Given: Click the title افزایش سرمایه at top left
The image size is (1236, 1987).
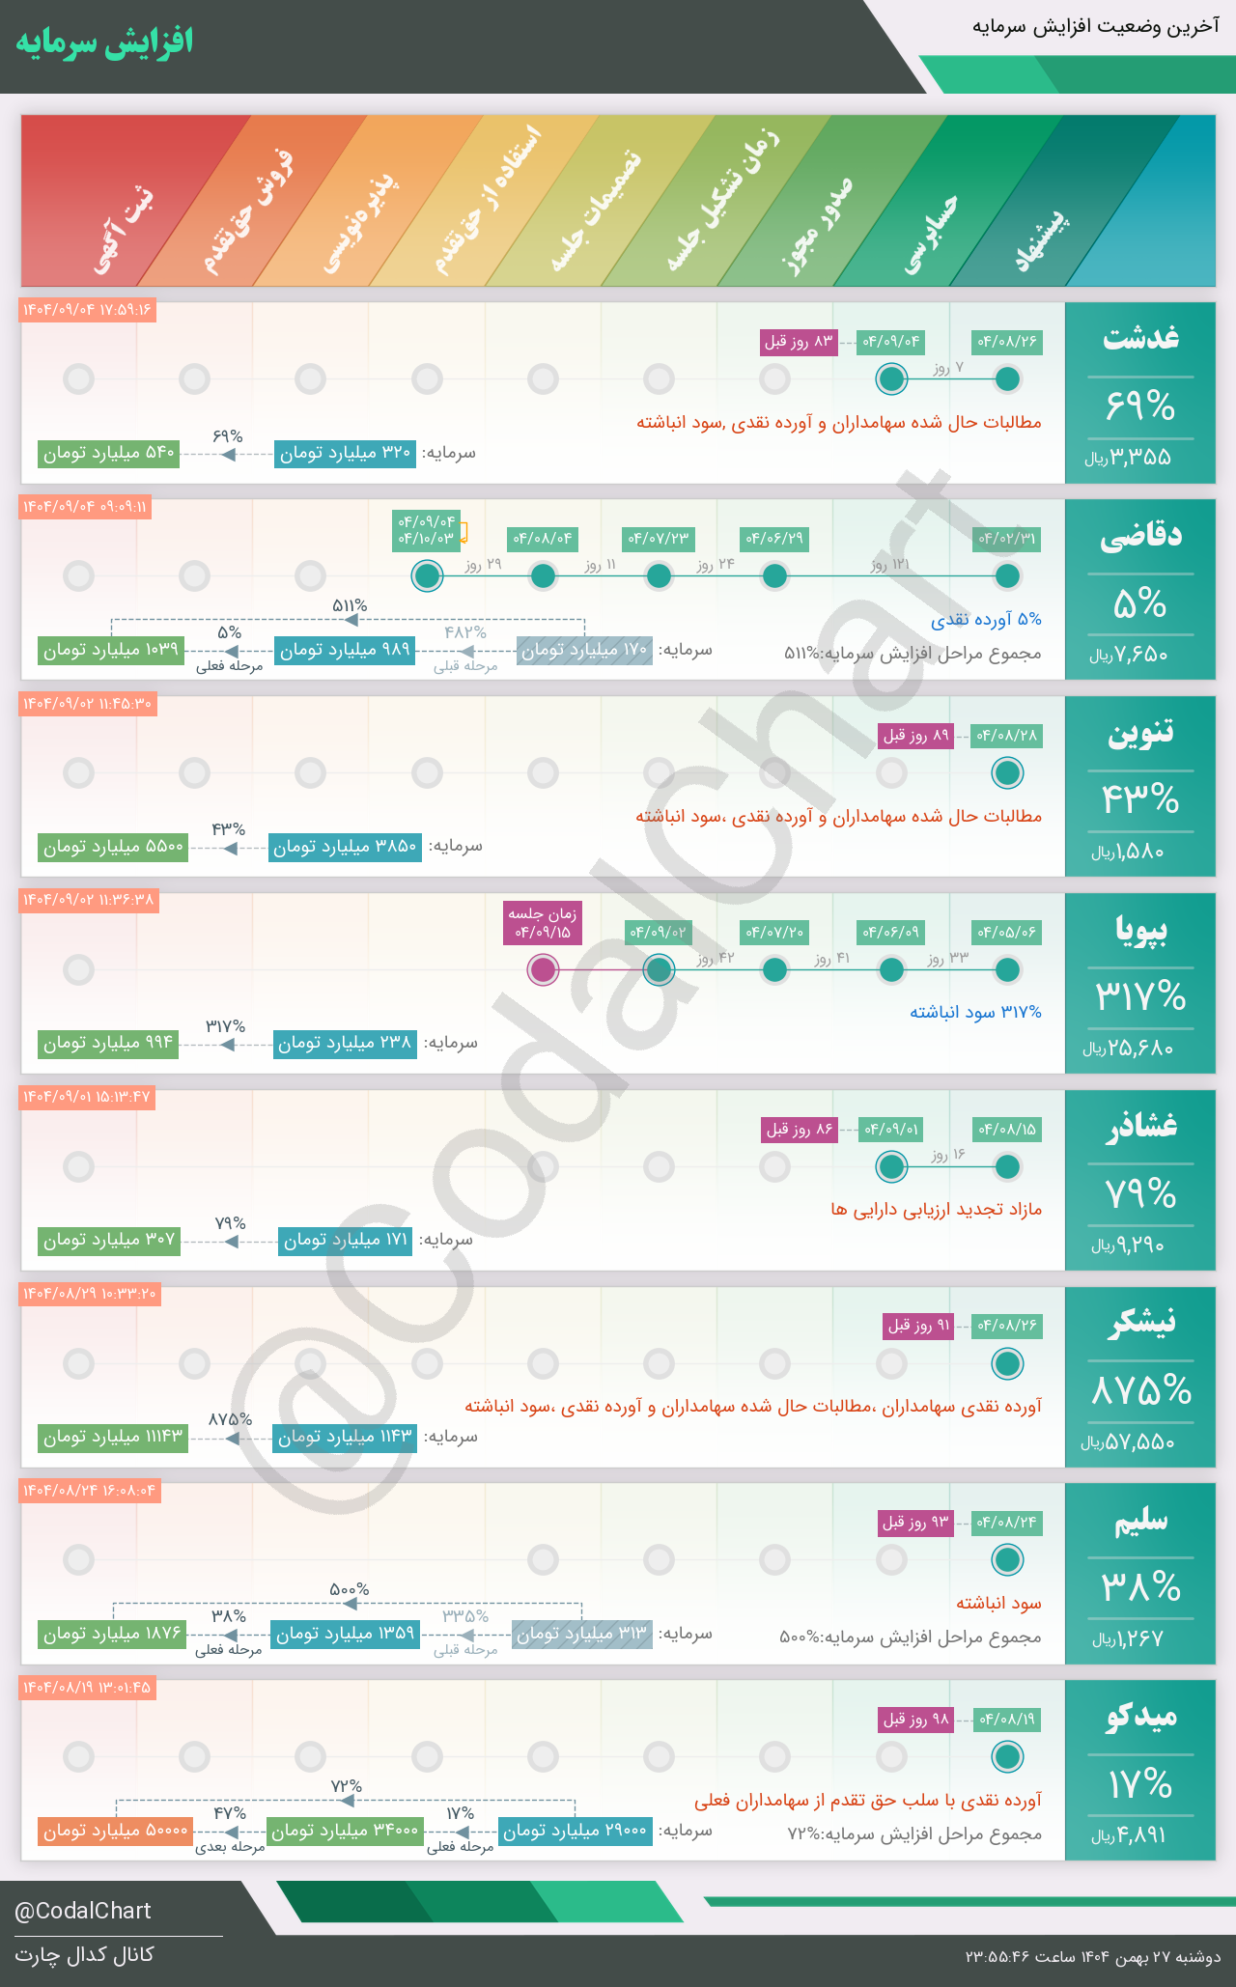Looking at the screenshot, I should (104, 42).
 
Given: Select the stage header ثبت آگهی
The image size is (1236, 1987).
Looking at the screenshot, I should (124, 228).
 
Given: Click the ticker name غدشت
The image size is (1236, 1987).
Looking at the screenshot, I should (1140, 338).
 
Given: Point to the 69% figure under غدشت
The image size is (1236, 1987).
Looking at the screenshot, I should (1140, 406).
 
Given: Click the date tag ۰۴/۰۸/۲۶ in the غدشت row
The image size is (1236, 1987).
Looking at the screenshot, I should (1007, 342).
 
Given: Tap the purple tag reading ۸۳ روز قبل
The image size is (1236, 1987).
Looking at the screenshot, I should (799, 342).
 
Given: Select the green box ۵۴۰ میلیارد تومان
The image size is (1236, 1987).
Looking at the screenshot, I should (109, 453).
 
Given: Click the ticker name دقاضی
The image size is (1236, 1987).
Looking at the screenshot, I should (1140, 536).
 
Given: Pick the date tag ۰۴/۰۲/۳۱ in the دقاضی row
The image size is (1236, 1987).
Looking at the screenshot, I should (1007, 539).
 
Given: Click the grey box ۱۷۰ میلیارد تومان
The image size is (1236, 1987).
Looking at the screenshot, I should (584, 651).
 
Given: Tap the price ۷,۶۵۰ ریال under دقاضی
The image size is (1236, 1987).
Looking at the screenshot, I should (1129, 656).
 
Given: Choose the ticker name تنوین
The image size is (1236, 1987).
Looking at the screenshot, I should (1140, 733).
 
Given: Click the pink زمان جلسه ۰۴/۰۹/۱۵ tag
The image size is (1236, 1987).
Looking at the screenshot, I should (543, 923).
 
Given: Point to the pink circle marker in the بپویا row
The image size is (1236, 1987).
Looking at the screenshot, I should (543, 969).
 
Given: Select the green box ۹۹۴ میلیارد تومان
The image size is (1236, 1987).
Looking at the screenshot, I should (108, 1044).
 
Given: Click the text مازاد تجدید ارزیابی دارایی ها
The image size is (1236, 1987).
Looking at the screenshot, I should (936, 1210).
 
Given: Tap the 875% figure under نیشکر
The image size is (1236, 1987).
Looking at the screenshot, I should (1140, 1391).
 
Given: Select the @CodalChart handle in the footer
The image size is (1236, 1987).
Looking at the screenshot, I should (83, 1911).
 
